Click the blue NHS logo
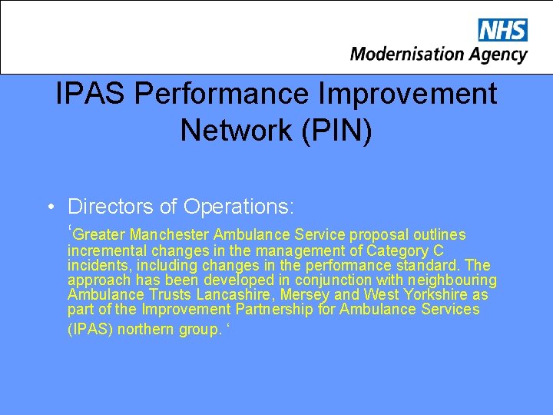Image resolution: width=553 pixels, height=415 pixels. pos(502,30)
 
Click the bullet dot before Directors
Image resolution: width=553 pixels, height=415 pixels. pos(50,207)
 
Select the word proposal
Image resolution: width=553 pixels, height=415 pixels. pos(379,234)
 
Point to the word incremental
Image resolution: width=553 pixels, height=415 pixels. pos(108,251)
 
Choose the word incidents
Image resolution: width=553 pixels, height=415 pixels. pos(96,265)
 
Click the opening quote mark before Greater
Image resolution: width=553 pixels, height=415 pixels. pos(70,230)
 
